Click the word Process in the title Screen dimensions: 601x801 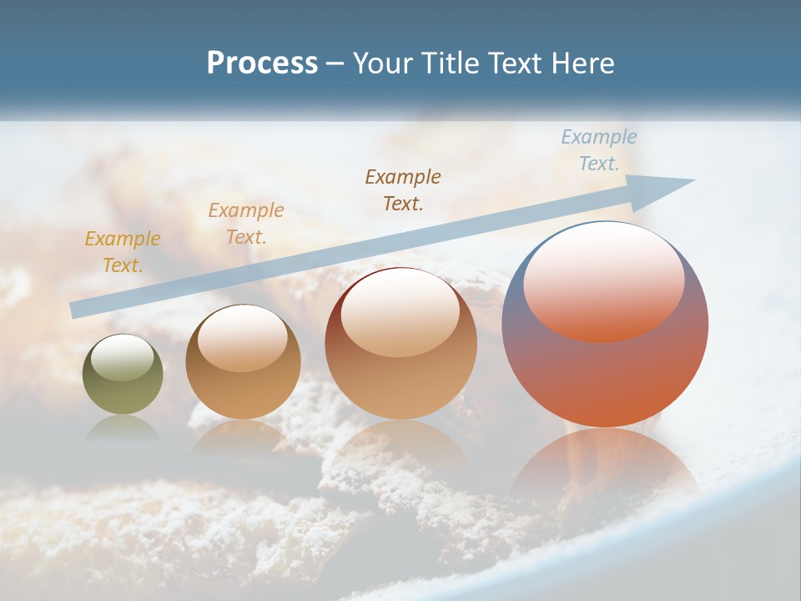point(262,63)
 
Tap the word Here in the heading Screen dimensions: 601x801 point(582,63)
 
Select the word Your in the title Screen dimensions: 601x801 point(381,63)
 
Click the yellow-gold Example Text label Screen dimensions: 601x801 point(123,251)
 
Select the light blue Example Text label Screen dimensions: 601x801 point(598,149)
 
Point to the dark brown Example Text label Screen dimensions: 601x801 point(403,189)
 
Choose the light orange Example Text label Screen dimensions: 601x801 point(246,223)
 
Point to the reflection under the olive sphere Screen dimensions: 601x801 point(123,427)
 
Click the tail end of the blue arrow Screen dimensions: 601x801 point(77,310)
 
